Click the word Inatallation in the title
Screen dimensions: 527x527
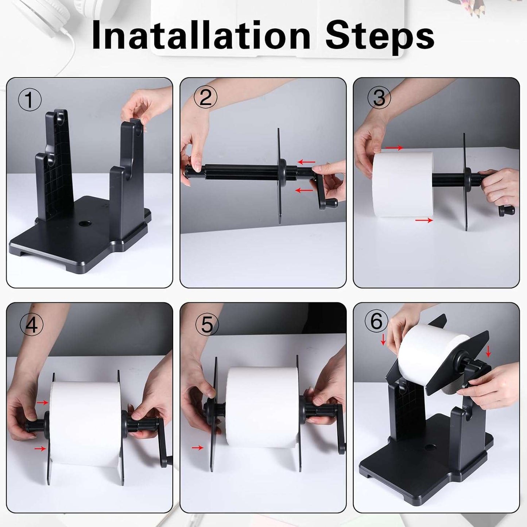click(201, 35)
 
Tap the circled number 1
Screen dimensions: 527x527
click(30, 100)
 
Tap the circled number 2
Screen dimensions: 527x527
click(205, 98)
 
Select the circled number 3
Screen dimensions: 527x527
click(379, 98)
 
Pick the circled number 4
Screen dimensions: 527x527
click(31, 324)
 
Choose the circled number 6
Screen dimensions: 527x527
click(376, 321)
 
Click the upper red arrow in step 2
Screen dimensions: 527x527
click(306, 162)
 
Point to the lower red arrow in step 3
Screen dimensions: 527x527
click(424, 220)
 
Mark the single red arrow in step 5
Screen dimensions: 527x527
click(198, 447)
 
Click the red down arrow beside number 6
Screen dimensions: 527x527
click(383, 340)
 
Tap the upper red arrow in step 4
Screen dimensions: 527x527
click(43, 402)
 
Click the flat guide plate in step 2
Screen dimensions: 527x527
click(279, 175)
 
